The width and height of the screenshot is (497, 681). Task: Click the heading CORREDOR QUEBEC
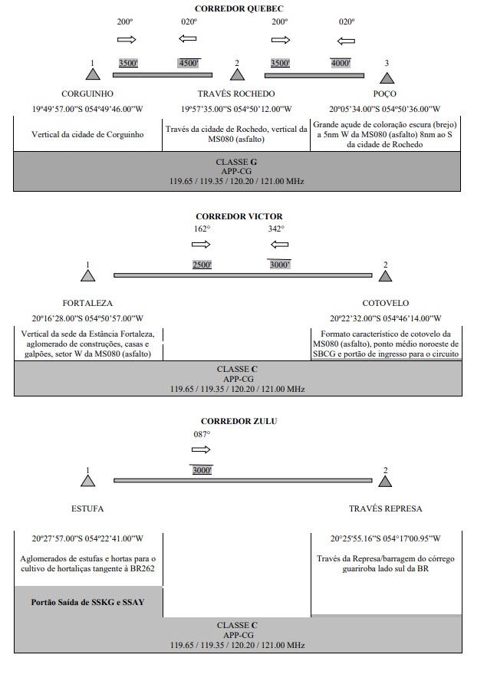pyautogui.click(x=239, y=8)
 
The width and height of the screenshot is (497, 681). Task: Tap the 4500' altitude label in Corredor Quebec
pyautogui.click(x=189, y=64)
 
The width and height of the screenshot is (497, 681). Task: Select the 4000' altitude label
pyautogui.click(x=341, y=64)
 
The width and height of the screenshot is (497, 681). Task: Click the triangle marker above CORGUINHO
pyautogui.click(x=93, y=74)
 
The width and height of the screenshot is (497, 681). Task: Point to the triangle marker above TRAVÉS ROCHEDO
pyautogui.click(x=237, y=75)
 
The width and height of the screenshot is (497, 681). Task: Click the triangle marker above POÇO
pyautogui.click(x=387, y=78)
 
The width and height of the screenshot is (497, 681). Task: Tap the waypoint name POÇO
pyautogui.click(x=384, y=94)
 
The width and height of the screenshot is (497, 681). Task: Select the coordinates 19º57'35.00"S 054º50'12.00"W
pyautogui.click(x=236, y=109)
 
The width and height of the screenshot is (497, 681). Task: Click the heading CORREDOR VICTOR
pyautogui.click(x=239, y=216)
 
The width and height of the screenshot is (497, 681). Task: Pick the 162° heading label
pyautogui.click(x=202, y=229)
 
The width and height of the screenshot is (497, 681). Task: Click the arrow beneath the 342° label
pyautogui.click(x=279, y=245)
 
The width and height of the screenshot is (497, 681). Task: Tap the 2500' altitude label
pyautogui.click(x=202, y=265)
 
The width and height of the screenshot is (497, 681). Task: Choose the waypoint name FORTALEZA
pyautogui.click(x=87, y=303)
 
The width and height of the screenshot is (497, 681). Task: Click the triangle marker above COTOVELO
pyautogui.click(x=385, y=276)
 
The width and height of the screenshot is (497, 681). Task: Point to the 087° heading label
pyautogui.click(x=202, y=434)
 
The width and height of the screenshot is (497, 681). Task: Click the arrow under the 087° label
pyautogui.click(x=201, y=449)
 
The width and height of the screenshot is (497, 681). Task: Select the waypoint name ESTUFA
pyautogui.click(x=87, y=508)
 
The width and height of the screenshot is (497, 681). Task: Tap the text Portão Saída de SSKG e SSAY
pyautogui.click(x=87, y=602)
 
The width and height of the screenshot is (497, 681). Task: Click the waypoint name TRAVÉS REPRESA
pyautogui.click(x=385, y=508)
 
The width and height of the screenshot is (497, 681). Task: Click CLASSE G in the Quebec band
pyautogui.click(x=236, y=162)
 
